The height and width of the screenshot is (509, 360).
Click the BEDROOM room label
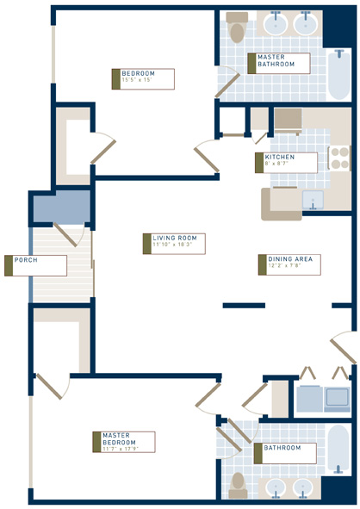[x=137, y=72]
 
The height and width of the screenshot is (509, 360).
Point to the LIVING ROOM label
[x=175, y=238]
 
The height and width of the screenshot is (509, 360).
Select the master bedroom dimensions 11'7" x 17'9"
[x=121, y=448]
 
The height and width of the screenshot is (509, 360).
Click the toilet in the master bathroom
[x=236, y=28]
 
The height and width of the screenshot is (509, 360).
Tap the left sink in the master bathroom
[x=277, y=23]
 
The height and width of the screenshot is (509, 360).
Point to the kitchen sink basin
[x=312, y=200]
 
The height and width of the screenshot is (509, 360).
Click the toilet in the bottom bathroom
[x=239, y=484]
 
